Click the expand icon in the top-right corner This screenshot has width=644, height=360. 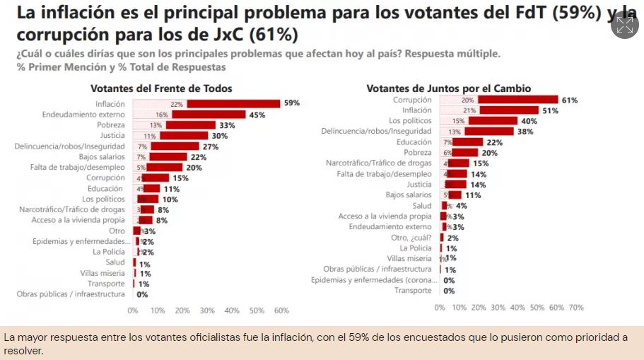(x=625, y=25)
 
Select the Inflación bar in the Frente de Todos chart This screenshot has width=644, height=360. (x=233, y=103)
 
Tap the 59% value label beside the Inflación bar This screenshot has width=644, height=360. (x=292, y=103)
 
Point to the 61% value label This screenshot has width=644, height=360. (x=570, y=100)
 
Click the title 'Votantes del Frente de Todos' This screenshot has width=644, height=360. (x=161, y=88)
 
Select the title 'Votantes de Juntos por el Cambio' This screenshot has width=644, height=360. (x=448, y=88)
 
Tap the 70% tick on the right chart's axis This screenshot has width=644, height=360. (x=576, y=308)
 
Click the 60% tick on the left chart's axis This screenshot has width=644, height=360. (x=281, y=310)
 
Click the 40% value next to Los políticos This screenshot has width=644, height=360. (x=529, y=121)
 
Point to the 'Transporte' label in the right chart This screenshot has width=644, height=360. (x=413, y=291)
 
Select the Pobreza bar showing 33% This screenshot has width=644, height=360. (x=191, y=124)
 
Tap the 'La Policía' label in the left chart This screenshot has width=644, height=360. (x=109, y=252)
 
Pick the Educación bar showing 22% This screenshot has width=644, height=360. (x=468, y=142)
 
